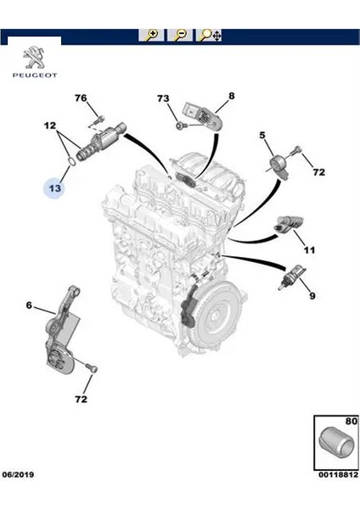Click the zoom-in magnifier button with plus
(x=151, y=35)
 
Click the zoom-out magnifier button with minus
(x=179, y=35)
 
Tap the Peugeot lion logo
(x=35, y=58)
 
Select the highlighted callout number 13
(x=55, y=188)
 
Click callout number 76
(x=81, y=98)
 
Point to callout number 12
(x=50, y=126)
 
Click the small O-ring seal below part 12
(x=73, y=161)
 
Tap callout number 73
(x=163, y=98)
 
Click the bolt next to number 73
(x=180, y=125)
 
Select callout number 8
(x=231, y=96)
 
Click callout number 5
(x=262, y=135)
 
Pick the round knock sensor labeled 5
(x=279, y=163)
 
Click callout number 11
(x=309, y=250)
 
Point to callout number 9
(x=312, y=296)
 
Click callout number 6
(x=29, y=305)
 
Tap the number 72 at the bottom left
(x=81, y=399)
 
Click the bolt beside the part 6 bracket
(x=92, y=368)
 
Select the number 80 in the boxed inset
(x=352, y=421)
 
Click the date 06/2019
(x=18, y=474)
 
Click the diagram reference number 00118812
(x=338, y=474)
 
